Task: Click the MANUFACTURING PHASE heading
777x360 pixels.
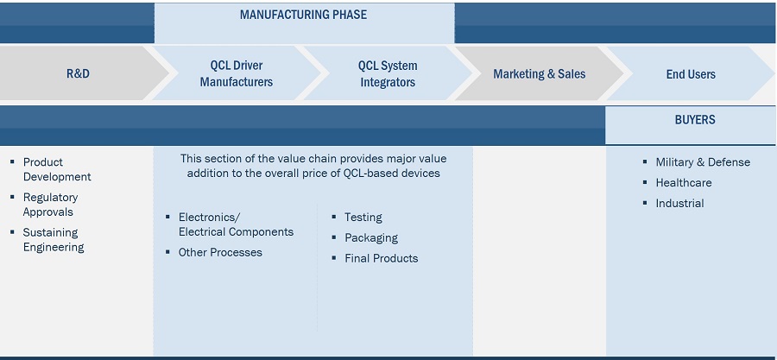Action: tap(303, 15)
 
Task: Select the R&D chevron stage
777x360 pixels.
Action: tap(78, 74)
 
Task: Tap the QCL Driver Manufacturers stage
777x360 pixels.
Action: tap(236, 74)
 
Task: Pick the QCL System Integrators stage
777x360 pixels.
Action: tap(388, 74)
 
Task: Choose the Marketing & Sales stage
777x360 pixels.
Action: tap(539, 74)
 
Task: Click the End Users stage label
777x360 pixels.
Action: tap(691, 74)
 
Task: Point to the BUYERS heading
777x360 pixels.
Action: tap(695, 120)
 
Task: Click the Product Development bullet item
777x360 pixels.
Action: tap(56, 169)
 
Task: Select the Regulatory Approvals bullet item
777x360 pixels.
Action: tap(50, 205)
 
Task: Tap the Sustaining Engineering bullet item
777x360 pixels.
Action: tap(54, 240)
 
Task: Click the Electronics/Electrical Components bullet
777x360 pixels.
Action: tap(235, 224)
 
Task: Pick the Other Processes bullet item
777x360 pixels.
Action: tap(220, 253)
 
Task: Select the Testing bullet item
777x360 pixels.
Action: tap(363, 218)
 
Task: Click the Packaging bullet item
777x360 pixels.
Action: tap(371, 237)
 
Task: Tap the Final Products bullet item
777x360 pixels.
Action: tap(381, 258)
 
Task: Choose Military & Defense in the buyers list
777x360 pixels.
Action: tap(703, 162)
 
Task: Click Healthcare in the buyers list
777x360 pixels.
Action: tap(684, 183)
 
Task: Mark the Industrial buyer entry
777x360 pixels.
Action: tap(679, 204)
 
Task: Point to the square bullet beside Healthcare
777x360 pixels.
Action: tap(646, 183)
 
